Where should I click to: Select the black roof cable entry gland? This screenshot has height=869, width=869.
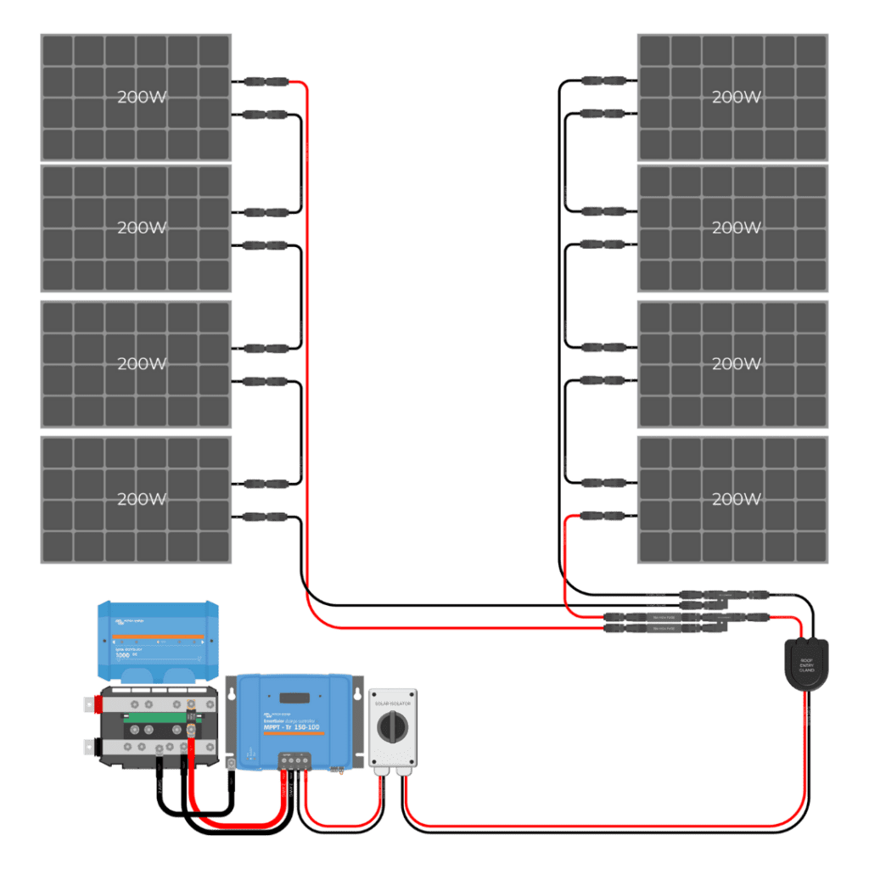coord(806,664)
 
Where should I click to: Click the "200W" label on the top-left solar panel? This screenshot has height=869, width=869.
coord(142,97)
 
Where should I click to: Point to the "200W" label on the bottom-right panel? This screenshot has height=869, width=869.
coord(735,498)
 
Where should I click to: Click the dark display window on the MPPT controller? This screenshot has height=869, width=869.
coord(293,697)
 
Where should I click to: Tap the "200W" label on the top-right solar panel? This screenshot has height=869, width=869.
coord(735,97)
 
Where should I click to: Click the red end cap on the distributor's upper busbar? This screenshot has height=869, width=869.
coord(89,704)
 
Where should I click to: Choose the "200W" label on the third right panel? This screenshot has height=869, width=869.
coord(735,363)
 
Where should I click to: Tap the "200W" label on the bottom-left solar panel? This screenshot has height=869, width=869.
coord(142,498)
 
